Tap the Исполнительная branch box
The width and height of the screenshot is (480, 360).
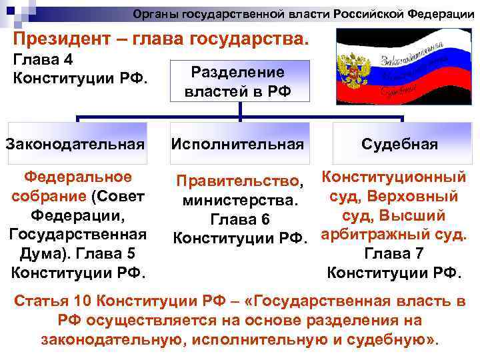[x=238, y=143]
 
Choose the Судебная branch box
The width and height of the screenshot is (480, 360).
[x=399, y=143]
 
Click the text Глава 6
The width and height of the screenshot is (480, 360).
[x=239, y=219]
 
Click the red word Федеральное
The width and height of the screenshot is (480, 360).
[x=77, y=177]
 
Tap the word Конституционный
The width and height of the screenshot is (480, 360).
[x=393, y=177]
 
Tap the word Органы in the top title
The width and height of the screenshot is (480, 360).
[x=154, y=14]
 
